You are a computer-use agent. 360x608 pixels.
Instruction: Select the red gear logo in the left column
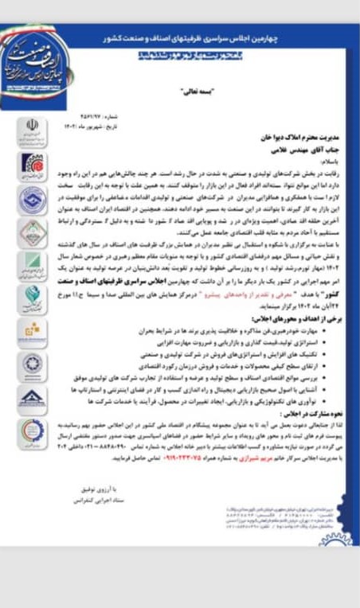point(29,163)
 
